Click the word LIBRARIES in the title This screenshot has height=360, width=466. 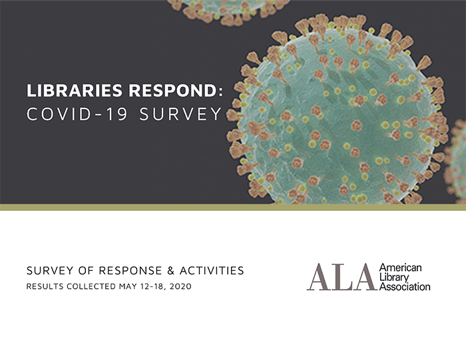[x=75, y=90]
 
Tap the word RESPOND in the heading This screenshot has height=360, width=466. [x=172, y=90]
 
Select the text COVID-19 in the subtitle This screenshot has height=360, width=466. [x=77, y=114]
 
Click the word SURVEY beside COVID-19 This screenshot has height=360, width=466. [x=180, y=114]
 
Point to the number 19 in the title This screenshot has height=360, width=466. [x=117, y=114]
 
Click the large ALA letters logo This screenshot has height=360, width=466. [x=342, y=277]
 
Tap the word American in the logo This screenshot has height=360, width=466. [x=400, y=268]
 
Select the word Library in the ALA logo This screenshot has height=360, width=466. [x=394, y=277]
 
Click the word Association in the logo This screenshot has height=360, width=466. [x=405, y=287]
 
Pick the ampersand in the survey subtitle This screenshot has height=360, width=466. [x=170, y=271]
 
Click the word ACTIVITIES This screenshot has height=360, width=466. [x=212, y=271]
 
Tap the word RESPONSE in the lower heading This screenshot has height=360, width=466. [x=130, y=271]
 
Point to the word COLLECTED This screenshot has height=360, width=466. [x=91, y=286]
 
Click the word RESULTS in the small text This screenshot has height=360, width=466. [x=45, y=286]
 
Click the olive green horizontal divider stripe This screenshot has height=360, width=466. [x=233, y=208]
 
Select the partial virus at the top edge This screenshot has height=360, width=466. [x=228, y=11]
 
